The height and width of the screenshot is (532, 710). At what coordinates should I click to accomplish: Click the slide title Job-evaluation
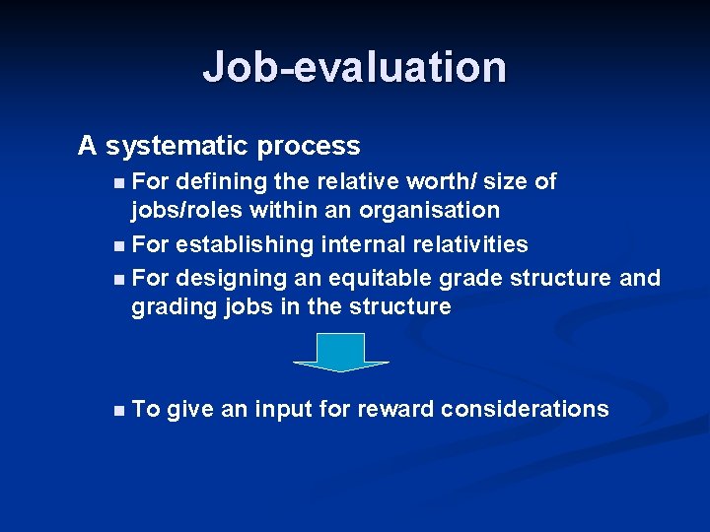[x=355, y=67]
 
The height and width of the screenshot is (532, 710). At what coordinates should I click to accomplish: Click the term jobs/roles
[x=186, y=211]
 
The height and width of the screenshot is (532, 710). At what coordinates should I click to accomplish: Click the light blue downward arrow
[x=341, y=352]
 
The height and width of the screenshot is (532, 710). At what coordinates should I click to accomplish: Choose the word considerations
[x=525, y=410]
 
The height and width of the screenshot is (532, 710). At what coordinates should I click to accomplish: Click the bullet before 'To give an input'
[x=119, y=410]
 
